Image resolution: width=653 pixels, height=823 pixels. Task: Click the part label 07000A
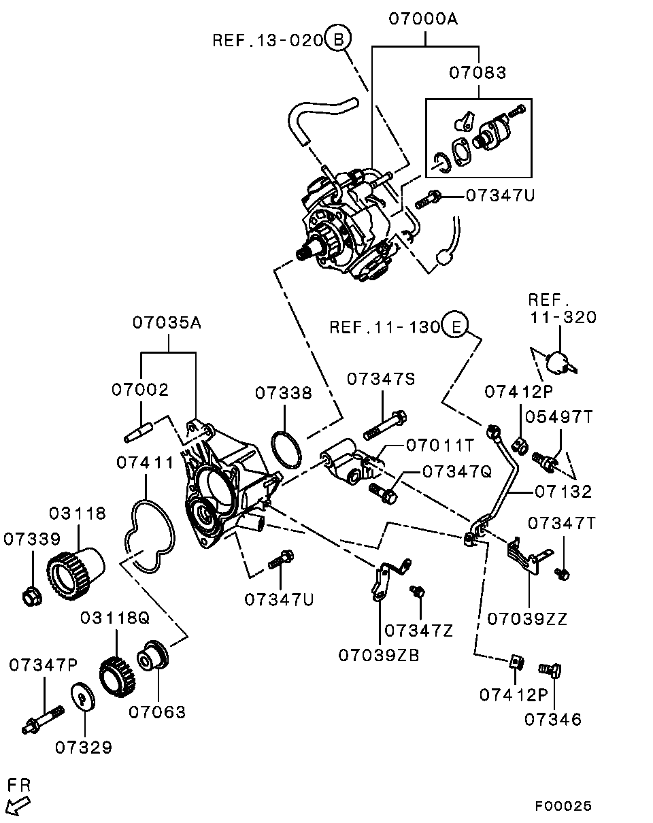[423, 18]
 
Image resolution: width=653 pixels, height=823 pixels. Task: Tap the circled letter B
[338, 39]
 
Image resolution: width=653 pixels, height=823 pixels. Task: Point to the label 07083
[478, 72]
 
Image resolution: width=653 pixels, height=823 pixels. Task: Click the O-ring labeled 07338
[286, 449]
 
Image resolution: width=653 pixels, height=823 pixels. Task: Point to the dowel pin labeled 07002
[139, 432]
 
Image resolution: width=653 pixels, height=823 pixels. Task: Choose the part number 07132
[563, 492]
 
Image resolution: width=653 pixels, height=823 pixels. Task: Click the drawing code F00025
[563, 806]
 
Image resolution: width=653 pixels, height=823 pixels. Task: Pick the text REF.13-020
[268, 39]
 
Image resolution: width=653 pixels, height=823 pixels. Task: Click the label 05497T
[558, 416]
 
